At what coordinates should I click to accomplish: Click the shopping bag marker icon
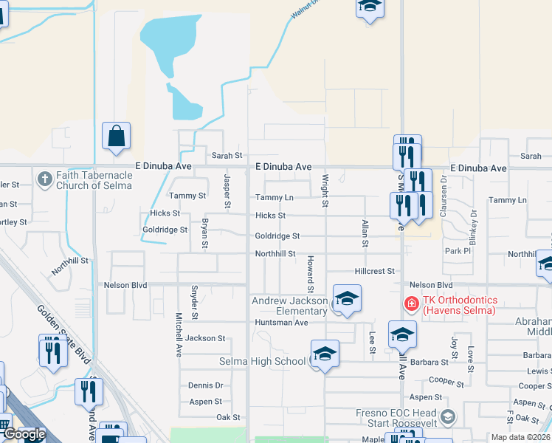coord(116,136)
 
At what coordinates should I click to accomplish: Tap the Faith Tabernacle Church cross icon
coord(44,179)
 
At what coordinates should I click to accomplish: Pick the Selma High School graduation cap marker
coord(324,354)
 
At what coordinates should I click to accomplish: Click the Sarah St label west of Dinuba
coord(227,156)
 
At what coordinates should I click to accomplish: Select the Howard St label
coord(311,273)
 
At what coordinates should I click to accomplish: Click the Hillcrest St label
coord(375,271)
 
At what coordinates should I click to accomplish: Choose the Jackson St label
coord(205,338)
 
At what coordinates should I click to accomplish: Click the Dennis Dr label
coord(205,385)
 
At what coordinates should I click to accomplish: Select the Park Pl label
coord(458,251)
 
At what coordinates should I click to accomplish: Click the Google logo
coord(24,434)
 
